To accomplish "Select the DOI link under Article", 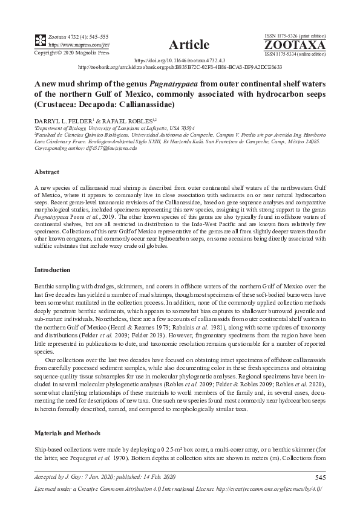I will (180, 61).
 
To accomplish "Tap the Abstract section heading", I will (48, 171).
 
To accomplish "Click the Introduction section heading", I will (53, 269).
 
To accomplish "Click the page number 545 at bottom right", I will (320, 478).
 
